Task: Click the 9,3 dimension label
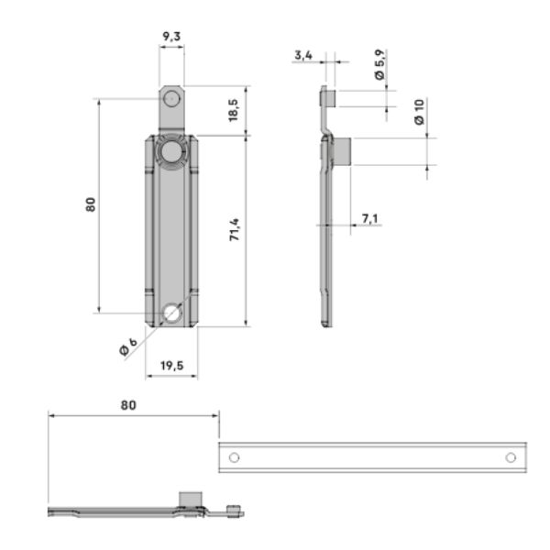(171, 36)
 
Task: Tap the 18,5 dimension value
(233, 111)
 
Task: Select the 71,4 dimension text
(235, 229)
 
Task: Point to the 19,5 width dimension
(172, 366)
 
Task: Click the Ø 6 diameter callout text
(128, 346)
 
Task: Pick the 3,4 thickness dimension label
(303, 55)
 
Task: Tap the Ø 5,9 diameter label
(379, 64)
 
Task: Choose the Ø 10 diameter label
(419, 112)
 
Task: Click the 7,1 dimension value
(370, 218)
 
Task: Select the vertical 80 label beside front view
(91, 204)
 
